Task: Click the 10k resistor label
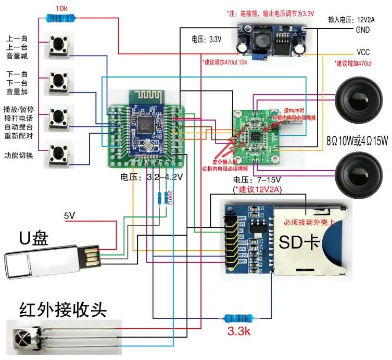tap(61, 9)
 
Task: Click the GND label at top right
tap(363, 30)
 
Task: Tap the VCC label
tap(363, 53)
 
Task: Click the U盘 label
tap(34, 238)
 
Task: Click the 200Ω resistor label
tap(168, 198)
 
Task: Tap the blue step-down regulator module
tap(271, 40)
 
